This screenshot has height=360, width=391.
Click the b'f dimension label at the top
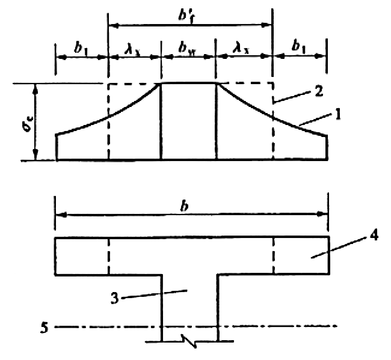[x=186, y=16]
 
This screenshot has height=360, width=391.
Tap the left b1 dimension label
[x=81, y=47]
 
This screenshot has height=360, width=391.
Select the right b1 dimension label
[x=298, y=47]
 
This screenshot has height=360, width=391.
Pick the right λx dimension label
[x=241, y=48]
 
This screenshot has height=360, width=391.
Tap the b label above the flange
[x=184, y=207]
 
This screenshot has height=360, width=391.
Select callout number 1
[x=337, y=114]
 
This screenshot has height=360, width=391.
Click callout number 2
[x=319, y=91]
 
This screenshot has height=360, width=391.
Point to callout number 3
[x=115, y=298]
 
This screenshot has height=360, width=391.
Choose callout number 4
[x=374, y=236]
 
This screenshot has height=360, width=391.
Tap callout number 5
[x=44, y=328]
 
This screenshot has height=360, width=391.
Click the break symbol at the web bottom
[x=190, y=341]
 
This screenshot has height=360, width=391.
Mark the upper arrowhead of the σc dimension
[x=35, y=88]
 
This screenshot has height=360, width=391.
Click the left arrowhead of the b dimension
[x=61, y=215]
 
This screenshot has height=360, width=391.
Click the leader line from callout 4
[x=339, y=248]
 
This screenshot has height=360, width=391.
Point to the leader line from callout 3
[x=154, y=294]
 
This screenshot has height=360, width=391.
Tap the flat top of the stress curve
[x=188, y=83]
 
